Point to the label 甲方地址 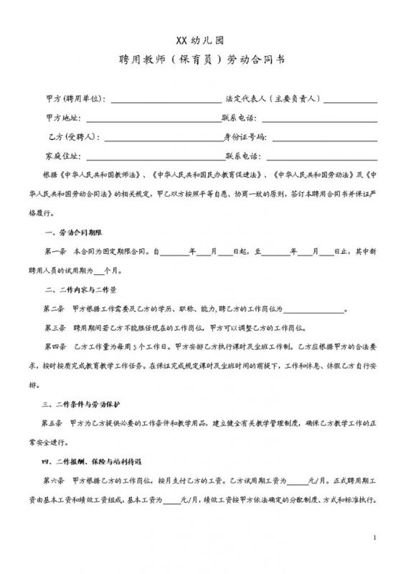pos(64,117)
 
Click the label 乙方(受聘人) pos(72,136)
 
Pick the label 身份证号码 pos(246,136)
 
